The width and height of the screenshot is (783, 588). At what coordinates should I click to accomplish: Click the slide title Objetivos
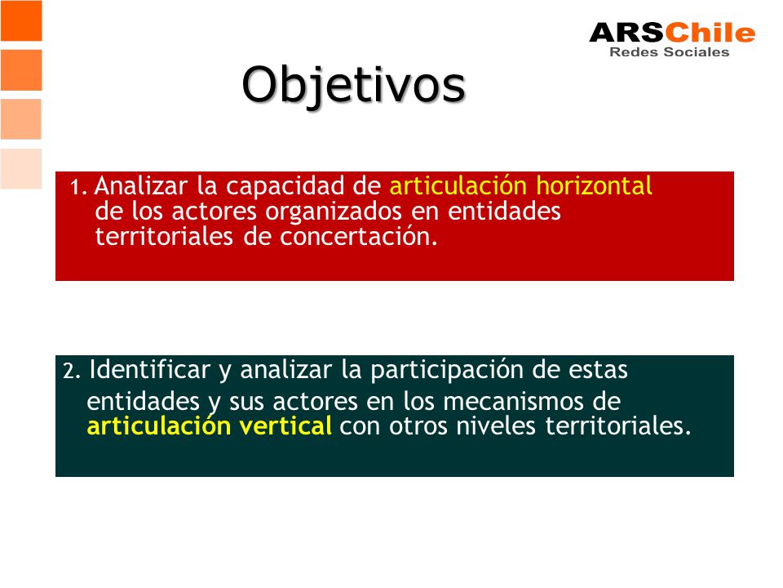click(x=353, y=86)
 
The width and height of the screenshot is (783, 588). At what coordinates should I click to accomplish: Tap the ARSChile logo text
click(x=672, y=33)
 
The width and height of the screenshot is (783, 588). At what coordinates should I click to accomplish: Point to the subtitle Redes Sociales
click(x=669, y=52)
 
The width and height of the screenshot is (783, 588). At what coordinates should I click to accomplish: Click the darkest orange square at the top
click(x=21, y=20)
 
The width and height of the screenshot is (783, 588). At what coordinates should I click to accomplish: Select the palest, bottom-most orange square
click(x=21, y=168)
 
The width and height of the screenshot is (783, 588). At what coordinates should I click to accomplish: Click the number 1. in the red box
click(x=79, y=188)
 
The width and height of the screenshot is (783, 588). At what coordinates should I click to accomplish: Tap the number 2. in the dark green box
click(x=72, y=372)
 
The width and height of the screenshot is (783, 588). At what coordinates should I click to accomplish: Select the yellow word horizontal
click(x=594, y=185)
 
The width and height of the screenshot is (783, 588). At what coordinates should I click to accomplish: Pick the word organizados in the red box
click(x=334, y=212)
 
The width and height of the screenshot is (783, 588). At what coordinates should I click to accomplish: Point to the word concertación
click(x=359, y=237)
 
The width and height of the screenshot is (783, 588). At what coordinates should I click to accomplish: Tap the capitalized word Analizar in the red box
click(x=141, y=186)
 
